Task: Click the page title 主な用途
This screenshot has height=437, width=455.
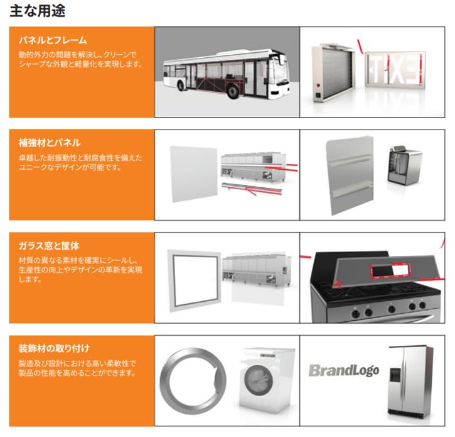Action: [x=38, y=11]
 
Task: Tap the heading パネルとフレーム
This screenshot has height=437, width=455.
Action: [x=53, y=40]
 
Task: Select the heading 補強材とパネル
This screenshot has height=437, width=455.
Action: [x=50, y=143]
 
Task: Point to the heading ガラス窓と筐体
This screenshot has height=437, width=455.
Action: [x=49, y=246]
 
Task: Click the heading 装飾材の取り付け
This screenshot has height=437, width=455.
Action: [x=54, y=348]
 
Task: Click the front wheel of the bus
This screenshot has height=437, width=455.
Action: [x=233, y=91]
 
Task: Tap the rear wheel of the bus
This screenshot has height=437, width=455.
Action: [x=181, y=85]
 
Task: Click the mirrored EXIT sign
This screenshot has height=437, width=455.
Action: [x=395, y=69]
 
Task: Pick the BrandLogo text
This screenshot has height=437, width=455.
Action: [x=344, y=370]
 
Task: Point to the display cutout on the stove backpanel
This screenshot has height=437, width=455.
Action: [x=392, y=270]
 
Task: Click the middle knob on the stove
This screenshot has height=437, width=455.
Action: [x=392, y=309]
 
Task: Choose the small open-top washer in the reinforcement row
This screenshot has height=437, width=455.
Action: [x=405, y=165]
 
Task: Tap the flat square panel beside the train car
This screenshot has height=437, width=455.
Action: [x=194, y=174]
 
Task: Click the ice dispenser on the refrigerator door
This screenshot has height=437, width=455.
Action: [x=395, y=375]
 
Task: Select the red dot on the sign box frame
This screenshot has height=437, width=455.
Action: [x=318, y=86]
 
